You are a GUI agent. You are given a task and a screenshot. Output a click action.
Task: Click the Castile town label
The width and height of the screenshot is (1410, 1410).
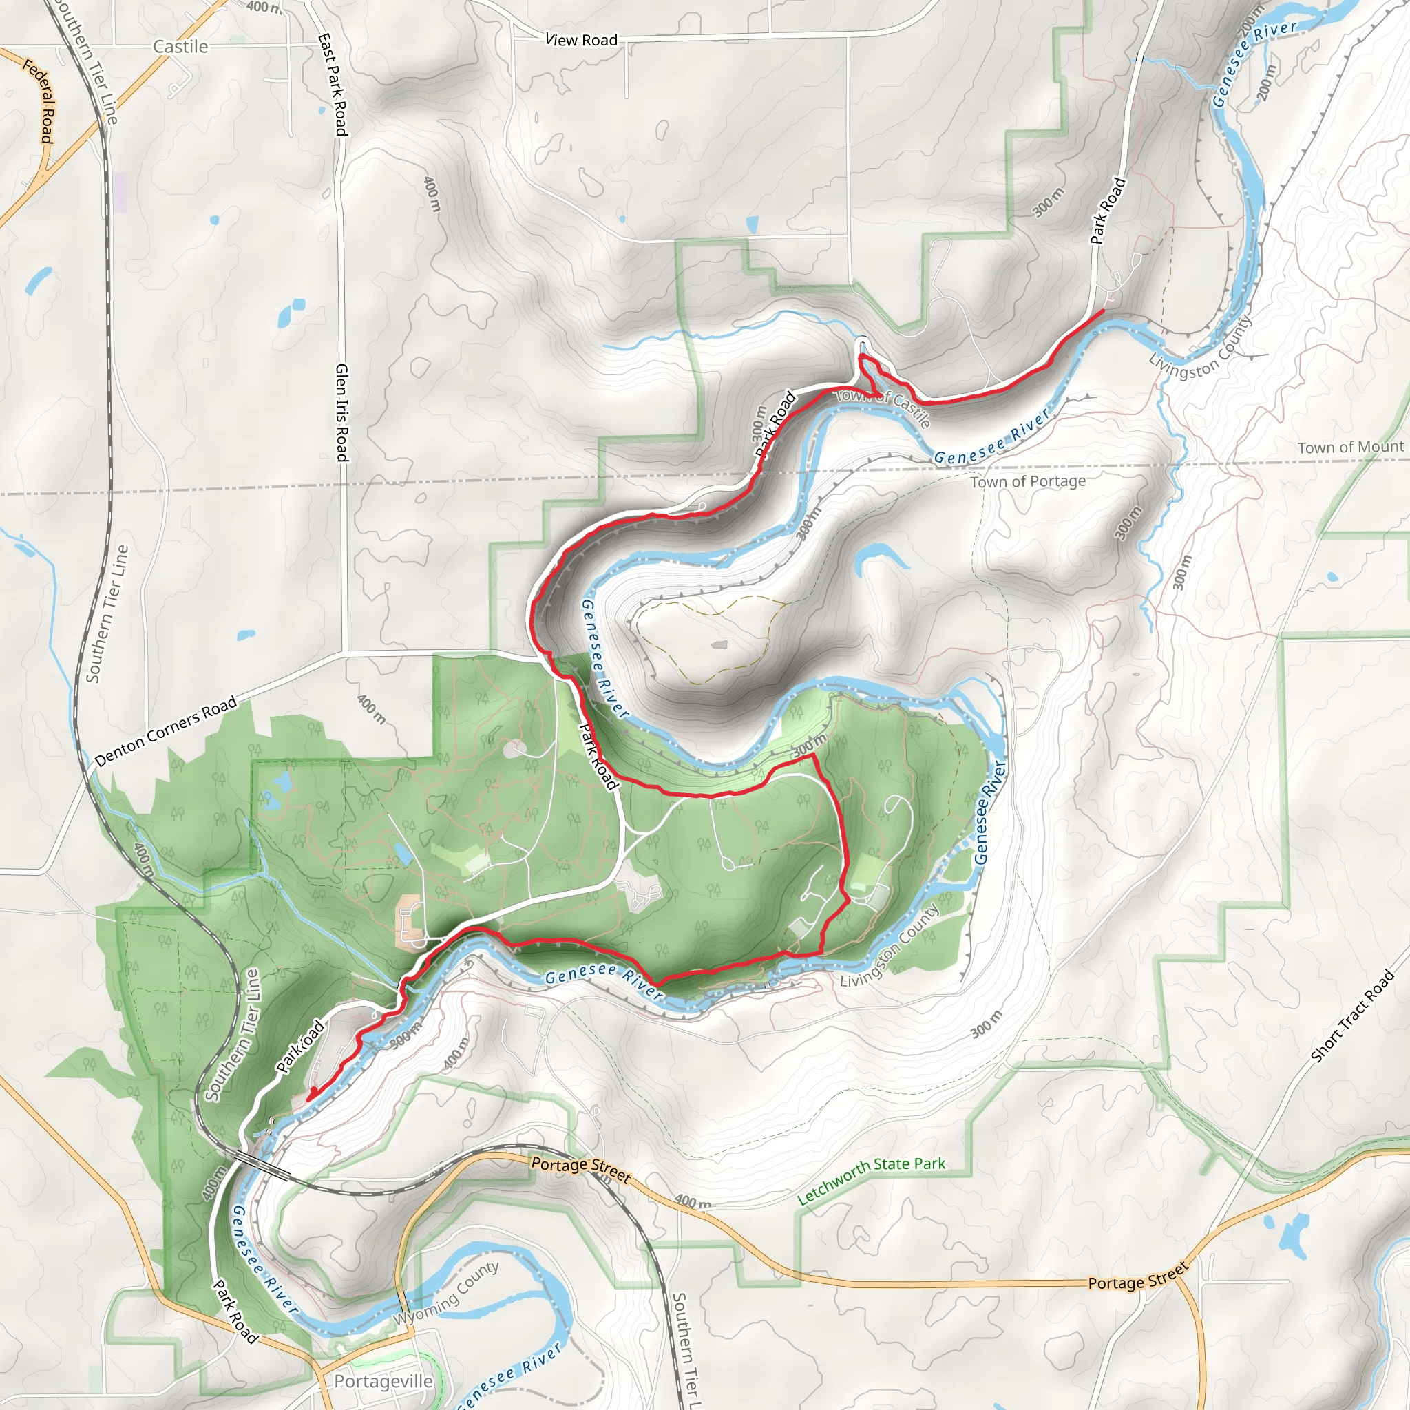[x=180, y=47]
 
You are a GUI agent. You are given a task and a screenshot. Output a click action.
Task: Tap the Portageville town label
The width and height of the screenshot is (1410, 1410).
[x=383, y=1381]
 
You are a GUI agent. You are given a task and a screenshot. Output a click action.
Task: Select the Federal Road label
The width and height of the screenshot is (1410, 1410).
[x=39, y=101]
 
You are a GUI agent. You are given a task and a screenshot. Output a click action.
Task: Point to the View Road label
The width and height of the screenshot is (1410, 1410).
[x=582, y=39]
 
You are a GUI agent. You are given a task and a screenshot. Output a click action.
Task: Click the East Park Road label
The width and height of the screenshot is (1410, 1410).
[x=333, y=85]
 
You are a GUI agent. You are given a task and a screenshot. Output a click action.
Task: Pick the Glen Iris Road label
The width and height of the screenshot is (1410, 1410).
[x=341, y=412]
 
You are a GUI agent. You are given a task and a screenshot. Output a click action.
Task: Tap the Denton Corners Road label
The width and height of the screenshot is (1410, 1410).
[x=167, y=730]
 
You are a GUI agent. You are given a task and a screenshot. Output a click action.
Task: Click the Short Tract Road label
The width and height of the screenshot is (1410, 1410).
[x=1351, y=1017]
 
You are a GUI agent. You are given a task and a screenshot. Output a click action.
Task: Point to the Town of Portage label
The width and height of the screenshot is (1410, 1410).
[x=1028, y=482]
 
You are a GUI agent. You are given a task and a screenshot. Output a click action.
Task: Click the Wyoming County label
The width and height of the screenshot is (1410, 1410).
[x=447, y=1293]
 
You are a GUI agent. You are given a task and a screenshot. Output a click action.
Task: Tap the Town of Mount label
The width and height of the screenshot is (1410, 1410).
[x=1350, y=448]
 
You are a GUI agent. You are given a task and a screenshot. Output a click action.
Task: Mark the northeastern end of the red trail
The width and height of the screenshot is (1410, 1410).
[x=1102, y=311]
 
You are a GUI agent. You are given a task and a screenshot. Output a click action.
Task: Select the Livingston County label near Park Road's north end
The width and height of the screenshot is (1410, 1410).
[x=1201, y=349]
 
